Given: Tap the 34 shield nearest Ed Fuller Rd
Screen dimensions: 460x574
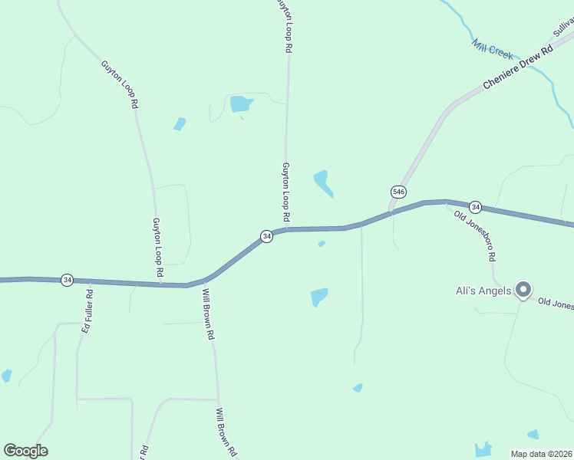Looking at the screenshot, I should pos(68,281).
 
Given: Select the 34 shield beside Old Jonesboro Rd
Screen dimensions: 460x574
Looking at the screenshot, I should pos(476,207).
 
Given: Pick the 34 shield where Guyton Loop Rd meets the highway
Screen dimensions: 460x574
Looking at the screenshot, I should pos(266,236).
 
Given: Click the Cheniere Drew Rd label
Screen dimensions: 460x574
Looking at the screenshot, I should pos(518,68).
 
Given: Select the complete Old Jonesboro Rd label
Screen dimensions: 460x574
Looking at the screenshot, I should pos(476,235).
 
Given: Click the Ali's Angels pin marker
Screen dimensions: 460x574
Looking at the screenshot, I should pos(523,289).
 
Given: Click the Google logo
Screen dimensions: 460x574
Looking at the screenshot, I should pos(25,451).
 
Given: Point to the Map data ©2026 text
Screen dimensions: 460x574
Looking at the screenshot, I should pos(541,454).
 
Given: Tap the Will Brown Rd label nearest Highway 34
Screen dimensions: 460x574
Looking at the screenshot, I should pos(208,314).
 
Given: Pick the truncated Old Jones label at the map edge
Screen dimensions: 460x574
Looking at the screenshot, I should pos(555,304).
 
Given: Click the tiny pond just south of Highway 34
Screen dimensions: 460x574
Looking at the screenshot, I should pos(322,244).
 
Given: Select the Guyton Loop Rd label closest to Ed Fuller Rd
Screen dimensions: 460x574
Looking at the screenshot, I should pos(157,247).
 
